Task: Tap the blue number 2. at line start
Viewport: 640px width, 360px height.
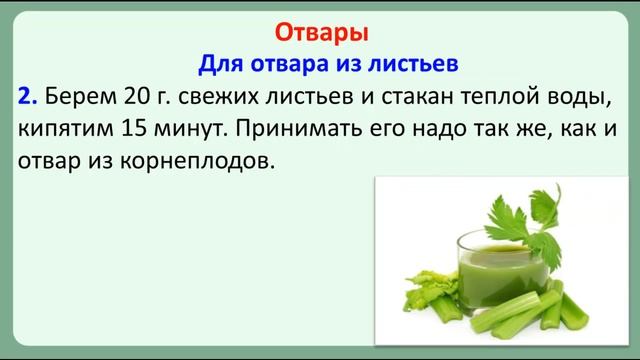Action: tap(28, 97)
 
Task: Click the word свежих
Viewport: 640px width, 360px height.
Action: tap(207, 97)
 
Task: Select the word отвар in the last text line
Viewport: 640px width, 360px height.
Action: tap(46, 161)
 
